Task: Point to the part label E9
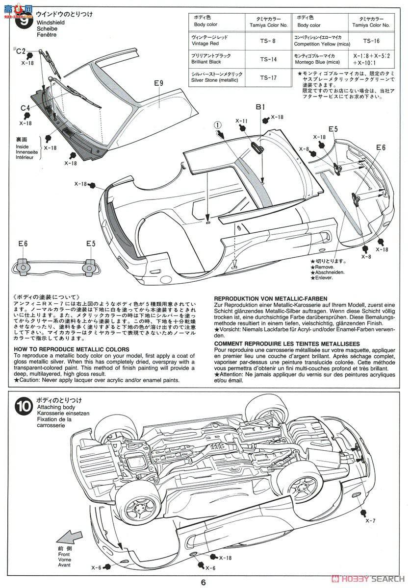[x=158, y=83]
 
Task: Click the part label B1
[x=260, y=107]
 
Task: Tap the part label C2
[x=21, y=51]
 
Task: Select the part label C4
[x=26, y=108]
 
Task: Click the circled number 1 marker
[x=217, y=124]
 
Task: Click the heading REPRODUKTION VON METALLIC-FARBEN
[x=271, y=298]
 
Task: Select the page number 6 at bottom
[x=203, y=582]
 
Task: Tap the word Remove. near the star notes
[x=322, y=267]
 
